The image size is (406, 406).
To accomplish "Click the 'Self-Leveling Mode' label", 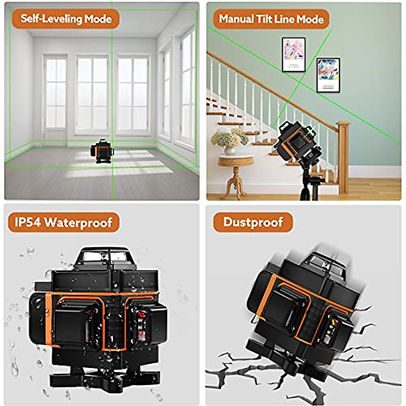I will tap(66, 19).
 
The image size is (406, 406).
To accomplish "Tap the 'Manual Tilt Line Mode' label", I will tap(271, 19).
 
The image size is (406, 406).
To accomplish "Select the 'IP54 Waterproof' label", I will tap(64, 222).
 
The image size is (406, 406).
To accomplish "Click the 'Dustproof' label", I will tap(253, 222).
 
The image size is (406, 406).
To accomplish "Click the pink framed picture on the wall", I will tap(294, 54).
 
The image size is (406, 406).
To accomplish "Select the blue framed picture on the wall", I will tap(328, 75).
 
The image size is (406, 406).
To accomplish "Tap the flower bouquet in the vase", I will tap(229, 137).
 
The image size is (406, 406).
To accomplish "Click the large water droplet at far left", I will tap(14, 367).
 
